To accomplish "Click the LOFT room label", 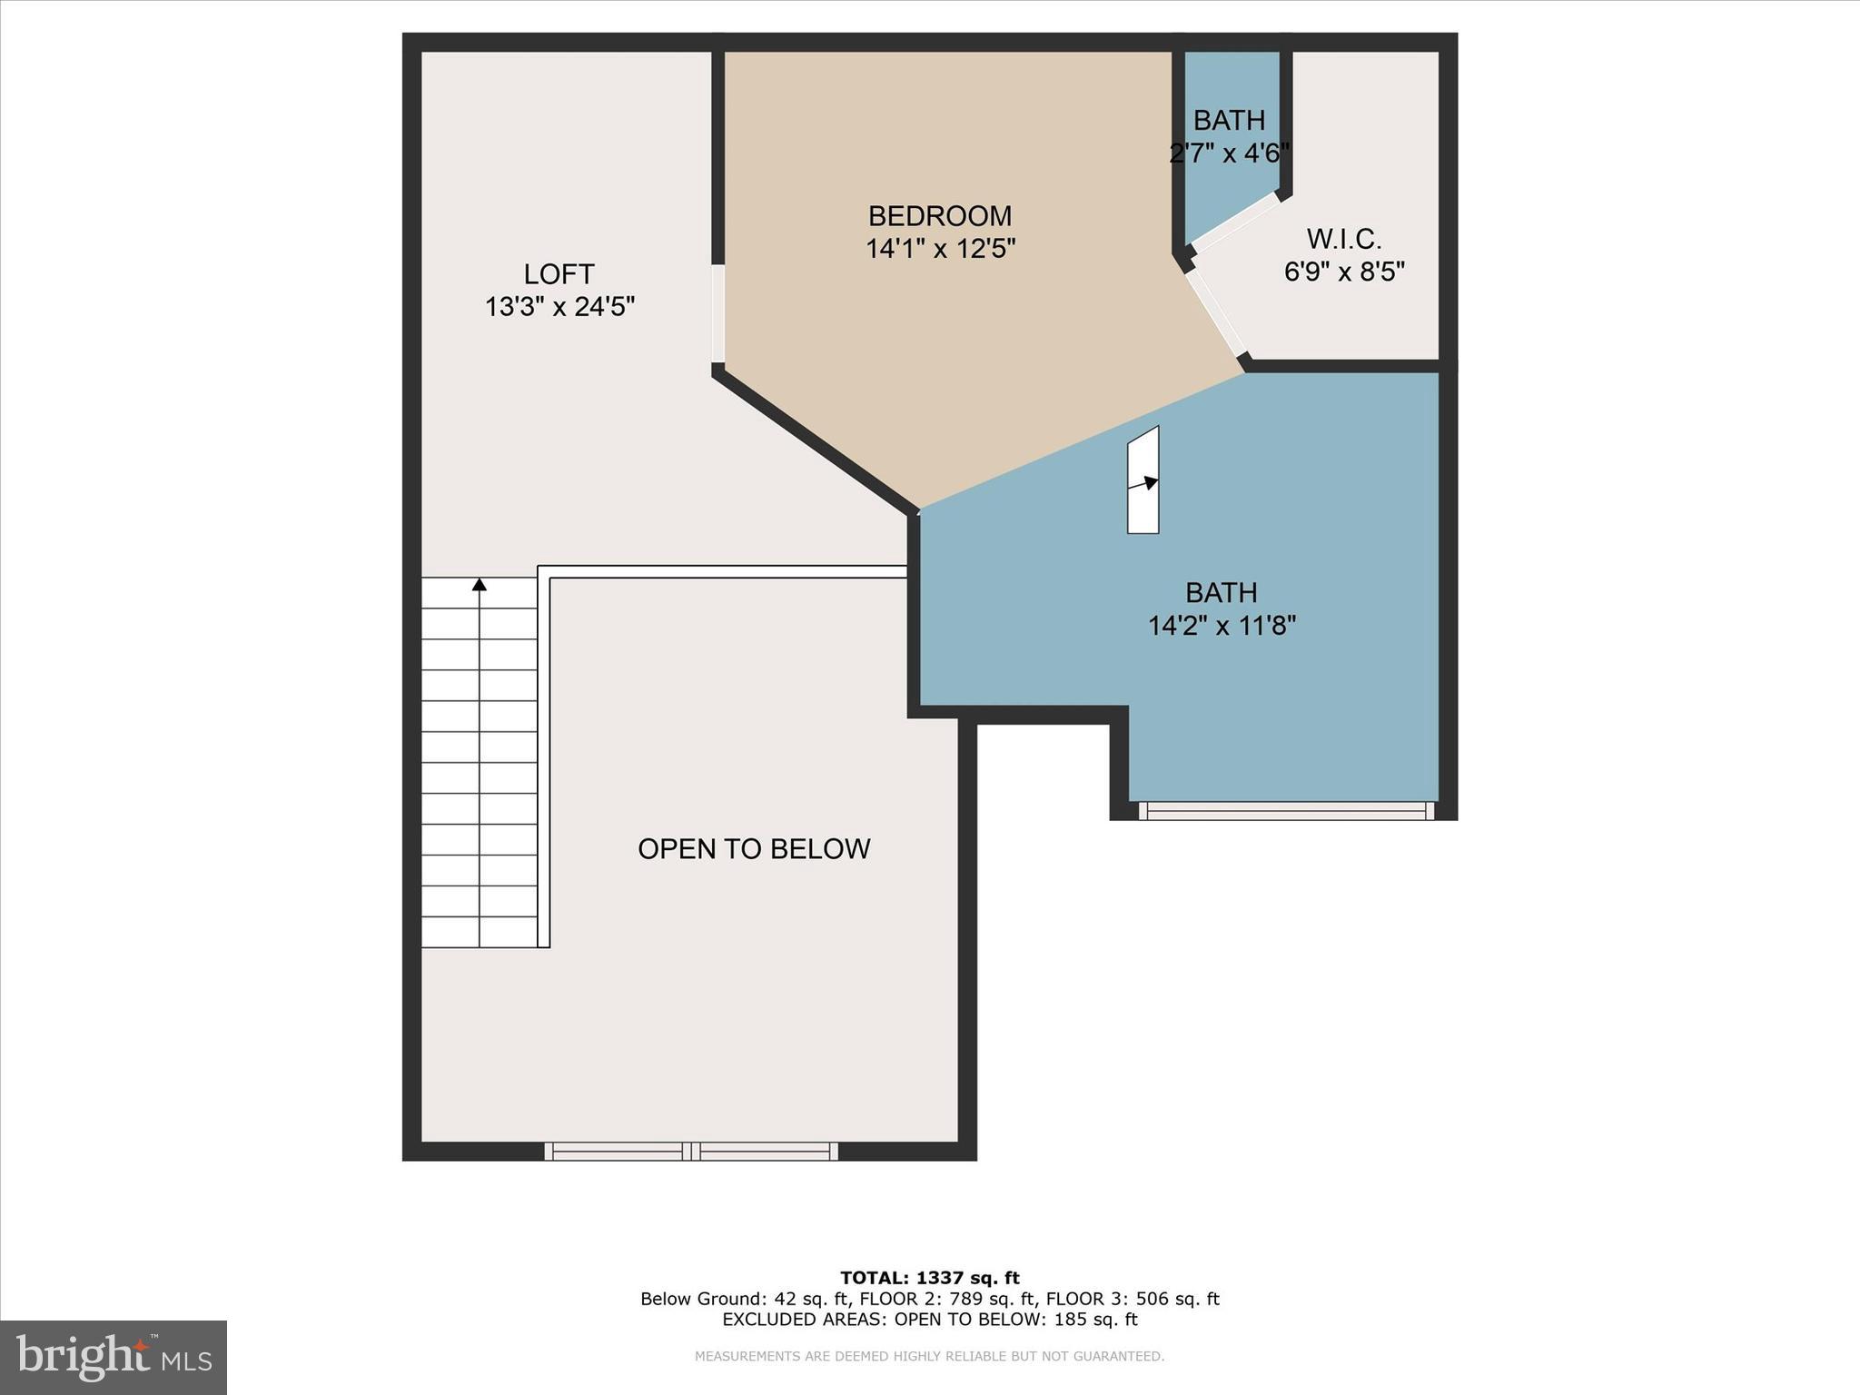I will [x=559, y=274].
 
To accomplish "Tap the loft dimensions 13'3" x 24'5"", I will [x=559, y=307].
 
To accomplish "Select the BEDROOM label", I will [x=939, y=216].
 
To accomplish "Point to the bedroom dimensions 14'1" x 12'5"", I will [x=939, y=248].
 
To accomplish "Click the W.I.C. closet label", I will [x=1343, y=240].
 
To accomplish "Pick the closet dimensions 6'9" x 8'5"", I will [x=1343, y=272].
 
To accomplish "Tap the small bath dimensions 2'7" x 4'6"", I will [x=1229, y=153].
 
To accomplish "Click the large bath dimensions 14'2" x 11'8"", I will [x=1221, y=626].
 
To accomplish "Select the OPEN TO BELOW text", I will [x=754, y=849].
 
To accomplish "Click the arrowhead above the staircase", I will [x=480, y=585].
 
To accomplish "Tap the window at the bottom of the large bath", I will [x=1285, y=811].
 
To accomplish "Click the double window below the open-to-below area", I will [x=691, y=1152].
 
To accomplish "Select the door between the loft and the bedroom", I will [x=717, y=314].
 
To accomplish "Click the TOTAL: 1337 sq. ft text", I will [x=929, y=1278].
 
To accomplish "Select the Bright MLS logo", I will [x=114, y=1357].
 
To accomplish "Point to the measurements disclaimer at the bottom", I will [x=929, y=1356].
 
